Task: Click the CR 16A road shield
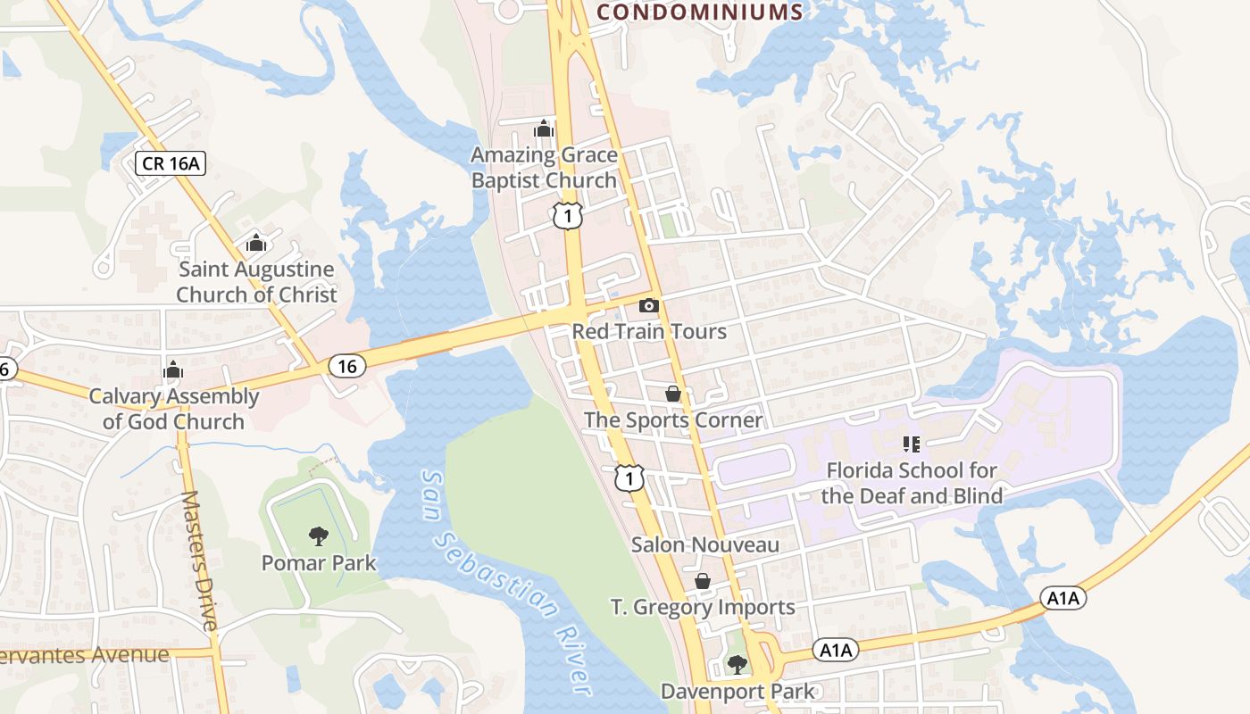[171, 162]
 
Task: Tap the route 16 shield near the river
[346, 365]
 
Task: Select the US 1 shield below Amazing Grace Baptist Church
[567, 214]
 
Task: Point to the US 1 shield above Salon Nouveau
[629, 478]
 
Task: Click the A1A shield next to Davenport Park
[837, 651]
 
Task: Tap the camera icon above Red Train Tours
[649, 306]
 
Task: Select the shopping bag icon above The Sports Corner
[673, 394]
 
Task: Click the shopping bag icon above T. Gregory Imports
[703, 582]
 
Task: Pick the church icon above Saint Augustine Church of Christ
[256, 243]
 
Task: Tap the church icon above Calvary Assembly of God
[173, 369]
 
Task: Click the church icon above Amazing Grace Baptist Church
[544, 129]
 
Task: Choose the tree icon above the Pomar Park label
[318, 536]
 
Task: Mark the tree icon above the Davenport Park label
[737, 664]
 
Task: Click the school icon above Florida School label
[911, 444]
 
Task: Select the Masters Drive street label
[198, 560]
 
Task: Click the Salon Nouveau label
[704, 544]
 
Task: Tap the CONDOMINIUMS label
[699, 12]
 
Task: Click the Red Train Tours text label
[649, 331]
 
